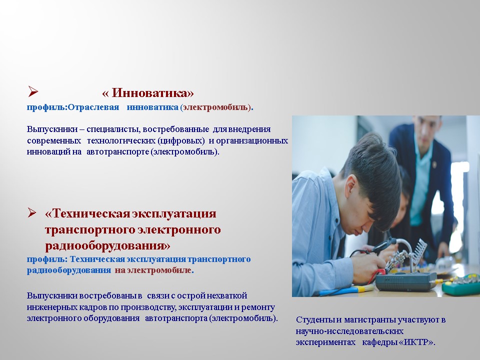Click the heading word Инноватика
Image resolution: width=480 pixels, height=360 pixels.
click(x=152, y=93)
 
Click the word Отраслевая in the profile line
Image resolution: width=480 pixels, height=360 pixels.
click(x=93, y=107)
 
